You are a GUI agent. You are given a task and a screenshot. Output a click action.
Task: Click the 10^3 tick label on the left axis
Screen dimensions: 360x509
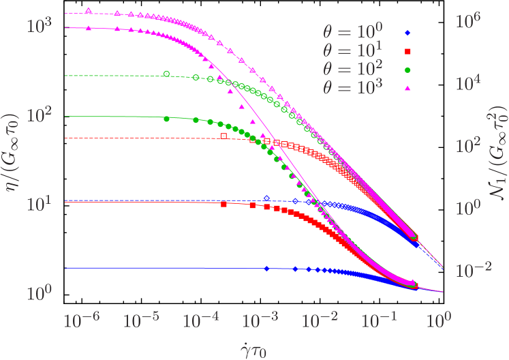pos(39,27)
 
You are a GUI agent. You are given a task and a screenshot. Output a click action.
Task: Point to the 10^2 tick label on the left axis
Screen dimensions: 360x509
pos(39,116)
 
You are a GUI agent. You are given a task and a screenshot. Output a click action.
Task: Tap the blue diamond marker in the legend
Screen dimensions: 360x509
pos(407,32)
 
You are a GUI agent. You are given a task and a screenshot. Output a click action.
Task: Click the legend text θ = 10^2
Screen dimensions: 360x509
pos(353,67)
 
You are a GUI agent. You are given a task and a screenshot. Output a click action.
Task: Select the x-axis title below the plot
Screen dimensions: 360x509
pos(253,348)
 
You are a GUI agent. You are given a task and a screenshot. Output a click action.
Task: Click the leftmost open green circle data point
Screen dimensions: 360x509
pos(166,74)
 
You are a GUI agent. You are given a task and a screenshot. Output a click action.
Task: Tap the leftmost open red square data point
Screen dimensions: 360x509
pos(223,136)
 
